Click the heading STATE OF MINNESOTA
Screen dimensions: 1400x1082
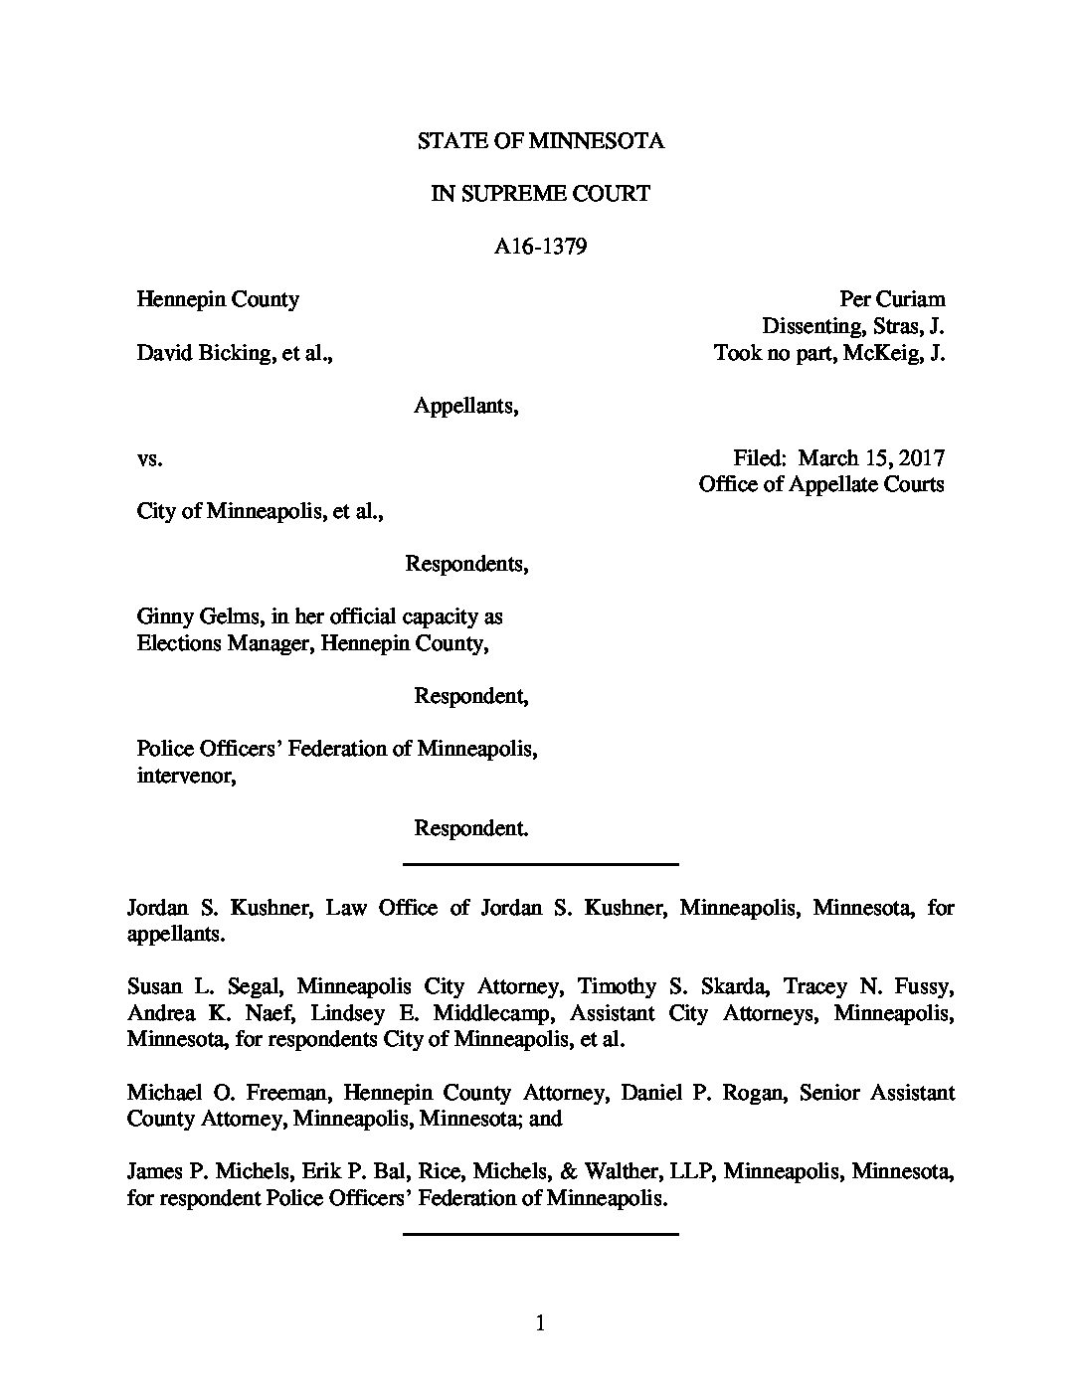[540, 141]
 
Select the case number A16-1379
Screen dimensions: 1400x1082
[540, 246]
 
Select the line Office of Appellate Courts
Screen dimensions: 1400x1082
[820, 484]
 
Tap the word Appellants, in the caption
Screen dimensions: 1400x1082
[466, 406]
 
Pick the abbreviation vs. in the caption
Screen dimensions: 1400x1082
[149, 458]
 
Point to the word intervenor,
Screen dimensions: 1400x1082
[186, 776]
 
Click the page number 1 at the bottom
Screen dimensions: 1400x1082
[541, 1322]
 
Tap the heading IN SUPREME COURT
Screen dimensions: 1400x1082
[540, 194]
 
